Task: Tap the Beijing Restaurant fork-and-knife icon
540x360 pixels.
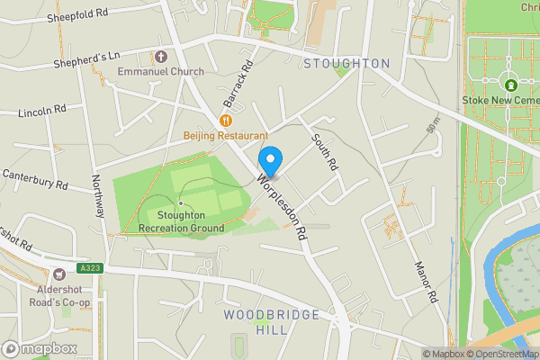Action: click(x=226, y=120)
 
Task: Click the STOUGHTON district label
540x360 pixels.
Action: click(x=346, y=64)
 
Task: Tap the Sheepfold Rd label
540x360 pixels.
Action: click(x=77, y=13)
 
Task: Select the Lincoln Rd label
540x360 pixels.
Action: click(x=43, y=112)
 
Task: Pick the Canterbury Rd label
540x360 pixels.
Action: click(x=35, y=177)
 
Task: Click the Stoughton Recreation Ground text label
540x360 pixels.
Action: click(x=181, y=222)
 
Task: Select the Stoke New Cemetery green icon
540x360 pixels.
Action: click(x=509, y=85)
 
